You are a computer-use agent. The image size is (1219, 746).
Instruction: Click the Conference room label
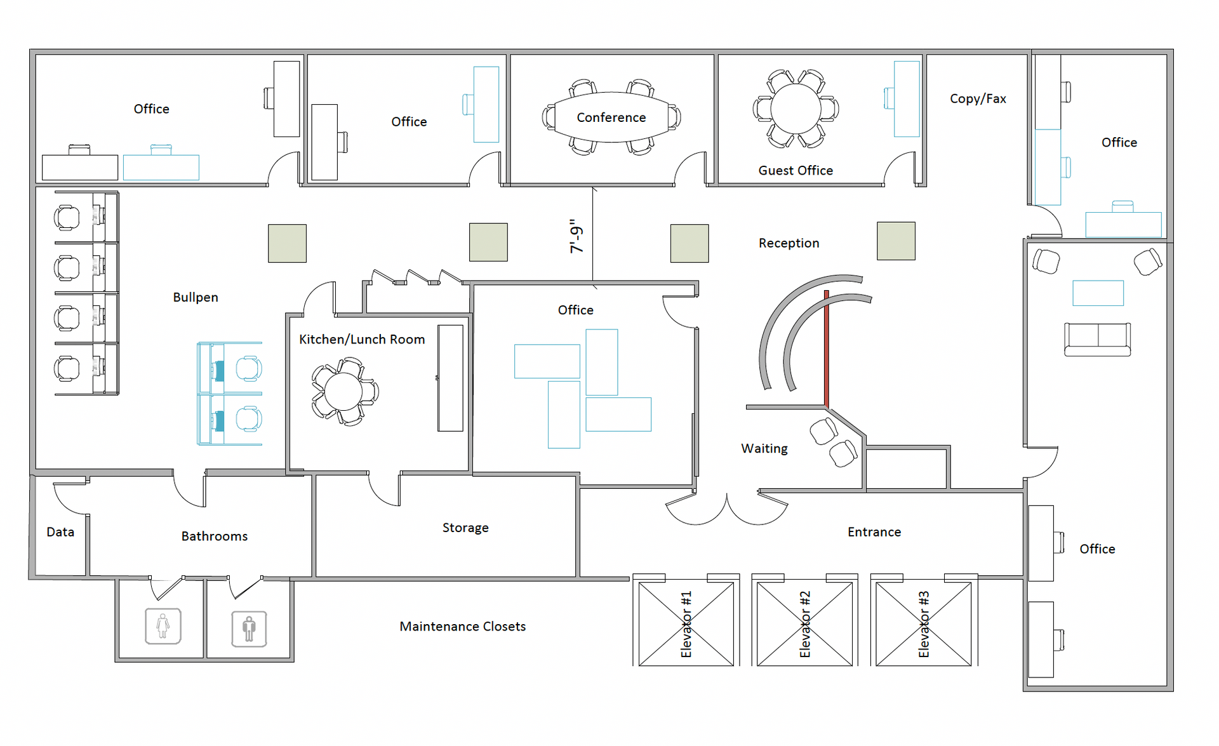(611, 117)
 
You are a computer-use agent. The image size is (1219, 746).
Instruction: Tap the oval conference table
(611, 117)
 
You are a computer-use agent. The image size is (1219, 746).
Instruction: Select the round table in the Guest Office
(796, 109)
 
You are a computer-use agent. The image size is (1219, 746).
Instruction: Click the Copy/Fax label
(978, 99)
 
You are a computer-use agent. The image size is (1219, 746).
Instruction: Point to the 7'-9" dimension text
(576, 236)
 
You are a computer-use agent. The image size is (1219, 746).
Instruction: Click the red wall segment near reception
(826, 349)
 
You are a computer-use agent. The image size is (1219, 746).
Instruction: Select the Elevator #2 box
(804, 624)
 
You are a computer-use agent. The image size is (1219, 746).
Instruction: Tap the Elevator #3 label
(924, 624)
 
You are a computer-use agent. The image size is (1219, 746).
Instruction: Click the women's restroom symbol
(163, 626)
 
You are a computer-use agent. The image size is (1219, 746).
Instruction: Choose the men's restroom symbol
(249, 629)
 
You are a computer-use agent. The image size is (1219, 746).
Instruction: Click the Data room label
(60, 532)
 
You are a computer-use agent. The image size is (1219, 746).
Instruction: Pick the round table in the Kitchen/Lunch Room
(343, 392)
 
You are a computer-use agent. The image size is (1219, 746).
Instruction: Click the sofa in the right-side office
(1097, 340)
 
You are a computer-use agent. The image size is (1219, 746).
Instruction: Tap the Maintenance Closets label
(463, 627)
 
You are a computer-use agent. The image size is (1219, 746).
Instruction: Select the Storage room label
(465, 528)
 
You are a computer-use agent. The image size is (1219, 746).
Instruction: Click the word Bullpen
(196, 297)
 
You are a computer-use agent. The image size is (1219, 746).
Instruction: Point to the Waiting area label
(764, 449)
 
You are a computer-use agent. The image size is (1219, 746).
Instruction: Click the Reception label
(789, 243)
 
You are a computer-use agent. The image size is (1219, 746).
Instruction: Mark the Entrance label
(874, 532)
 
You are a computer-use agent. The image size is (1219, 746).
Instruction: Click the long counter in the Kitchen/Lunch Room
(450, 378)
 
